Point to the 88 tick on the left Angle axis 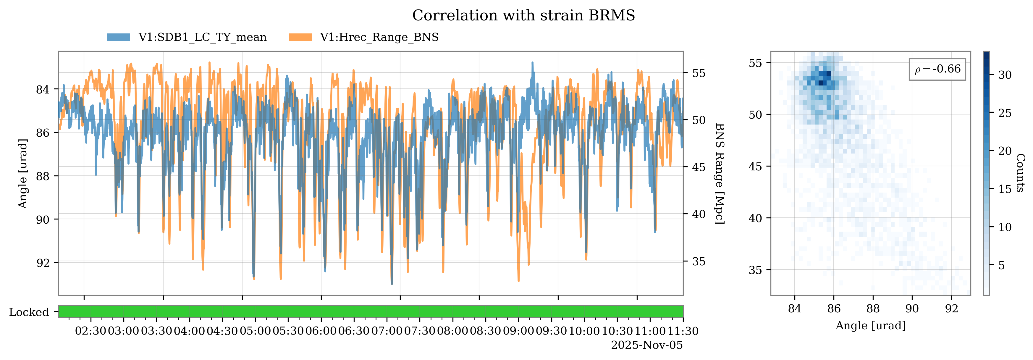(43, 176)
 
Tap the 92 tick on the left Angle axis (43, 263)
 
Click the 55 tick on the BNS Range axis (699, 73)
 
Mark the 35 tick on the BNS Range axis (699, 261)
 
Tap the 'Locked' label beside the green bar (29, 312)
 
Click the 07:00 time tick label (387, 331)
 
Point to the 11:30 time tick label (683, 331)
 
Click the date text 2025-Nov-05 (646, 345)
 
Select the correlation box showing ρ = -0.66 (937, 69)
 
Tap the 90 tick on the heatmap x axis (912, 308)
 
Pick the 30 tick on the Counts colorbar (1005, 75)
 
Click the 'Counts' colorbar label (1021, 173)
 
